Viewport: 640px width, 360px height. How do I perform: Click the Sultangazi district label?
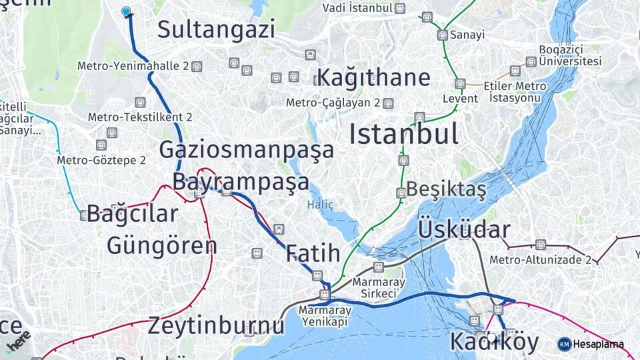(216, 29)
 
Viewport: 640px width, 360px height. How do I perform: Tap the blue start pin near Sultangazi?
(126, 11)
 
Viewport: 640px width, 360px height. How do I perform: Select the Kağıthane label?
(373, 77)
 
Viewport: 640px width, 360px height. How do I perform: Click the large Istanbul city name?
(404, 134)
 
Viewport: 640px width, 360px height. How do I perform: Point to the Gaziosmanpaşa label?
(246, 149)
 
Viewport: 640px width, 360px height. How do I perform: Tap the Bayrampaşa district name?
(241, 181)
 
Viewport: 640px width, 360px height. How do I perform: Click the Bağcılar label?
(133, 214)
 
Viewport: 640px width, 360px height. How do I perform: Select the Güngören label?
(162, 245)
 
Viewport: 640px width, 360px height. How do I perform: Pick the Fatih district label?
(313, 253)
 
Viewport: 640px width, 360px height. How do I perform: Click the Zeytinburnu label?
(215, 326)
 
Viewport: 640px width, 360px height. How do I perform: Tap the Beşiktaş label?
(446, 189)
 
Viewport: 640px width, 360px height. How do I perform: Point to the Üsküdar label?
(464, 230)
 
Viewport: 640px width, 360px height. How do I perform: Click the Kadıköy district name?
(494, 341)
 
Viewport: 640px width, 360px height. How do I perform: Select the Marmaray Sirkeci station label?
(379, 288)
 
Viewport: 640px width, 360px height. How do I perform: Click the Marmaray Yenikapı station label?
(325, 315)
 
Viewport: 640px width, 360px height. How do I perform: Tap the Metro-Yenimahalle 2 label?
(133, 66)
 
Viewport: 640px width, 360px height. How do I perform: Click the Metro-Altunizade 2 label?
(540, 259)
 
